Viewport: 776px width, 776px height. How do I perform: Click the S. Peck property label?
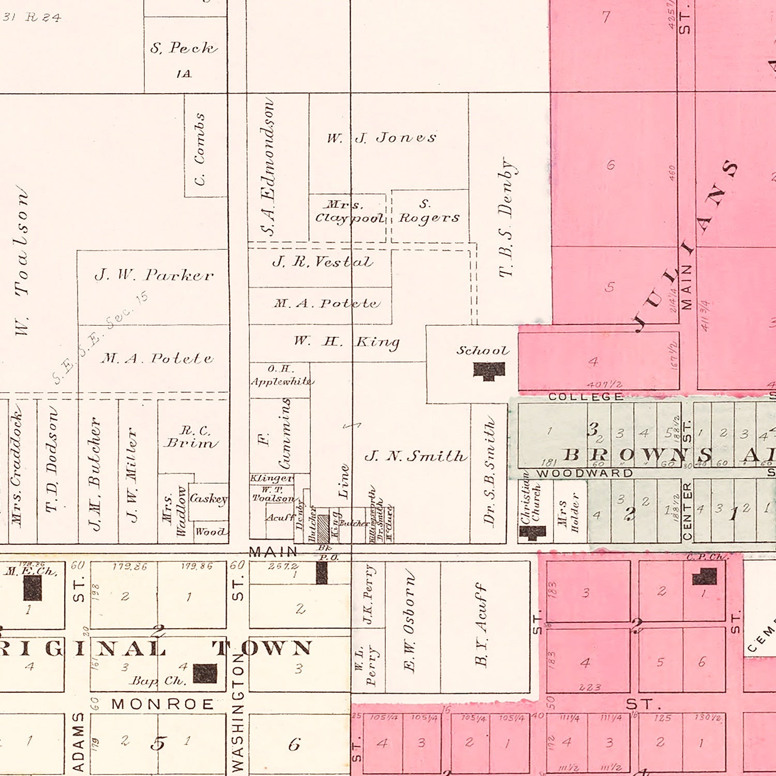tap(184, 48)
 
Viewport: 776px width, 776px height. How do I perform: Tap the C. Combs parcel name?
tap(200, 149)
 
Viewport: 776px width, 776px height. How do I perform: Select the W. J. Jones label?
tap(381, 138)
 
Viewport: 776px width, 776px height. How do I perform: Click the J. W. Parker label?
tap(154, 275)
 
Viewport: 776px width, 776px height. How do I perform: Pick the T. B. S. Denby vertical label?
tap(505, 218)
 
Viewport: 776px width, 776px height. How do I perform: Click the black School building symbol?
tap(489, 371)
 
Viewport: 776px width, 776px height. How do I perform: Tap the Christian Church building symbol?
tap(532, 532)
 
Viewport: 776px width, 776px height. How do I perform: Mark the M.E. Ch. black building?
tap(32, 588)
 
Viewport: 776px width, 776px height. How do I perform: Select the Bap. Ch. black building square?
tap(205, 674)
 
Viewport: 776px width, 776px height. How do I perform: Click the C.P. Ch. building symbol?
tap(705, 576)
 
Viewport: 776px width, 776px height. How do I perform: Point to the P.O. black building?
tap(322, 573)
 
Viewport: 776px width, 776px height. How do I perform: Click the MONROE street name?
tap(162, 704)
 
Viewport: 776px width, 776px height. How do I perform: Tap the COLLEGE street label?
tap(586, 397)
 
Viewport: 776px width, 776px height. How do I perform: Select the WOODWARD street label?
tap(585, 473)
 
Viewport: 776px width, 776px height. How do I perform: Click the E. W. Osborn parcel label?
tap(409, 621)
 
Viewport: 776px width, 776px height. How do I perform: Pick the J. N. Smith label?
tap(415, 456)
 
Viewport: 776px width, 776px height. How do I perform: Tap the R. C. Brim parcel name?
tap(190, 437)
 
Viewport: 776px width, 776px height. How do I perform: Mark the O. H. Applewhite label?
tap(281, 376)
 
